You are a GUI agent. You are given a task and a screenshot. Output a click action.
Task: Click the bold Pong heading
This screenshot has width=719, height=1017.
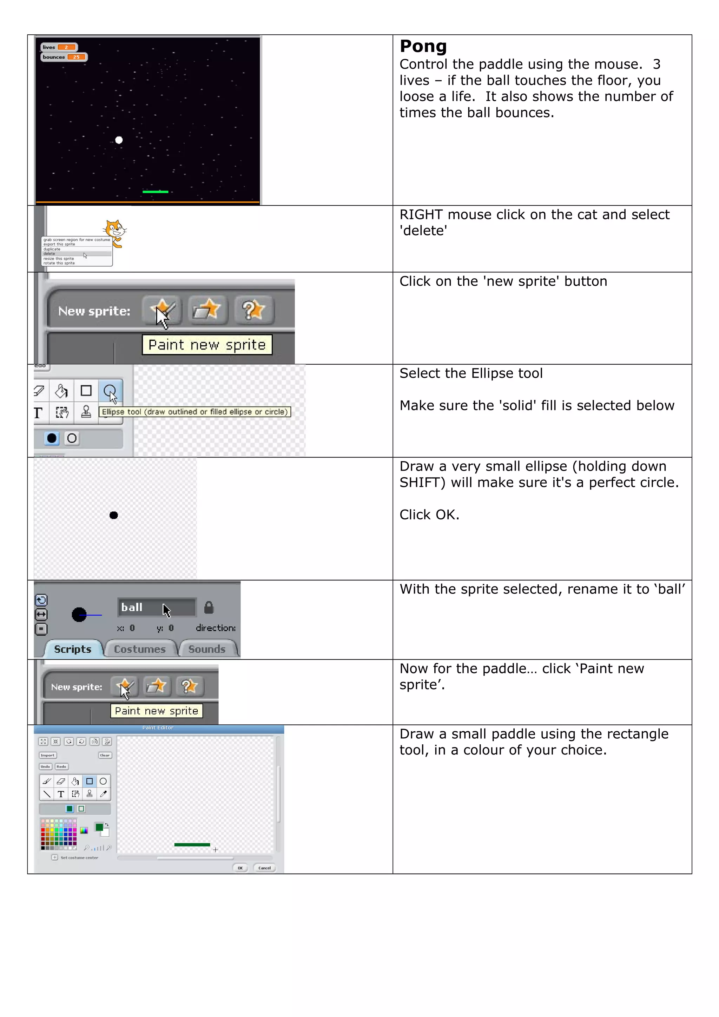pos(423,46)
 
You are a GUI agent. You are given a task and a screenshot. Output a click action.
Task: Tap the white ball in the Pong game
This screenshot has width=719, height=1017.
pos(119,140)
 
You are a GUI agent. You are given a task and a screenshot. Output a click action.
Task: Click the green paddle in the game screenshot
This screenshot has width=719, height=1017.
pos(155,192)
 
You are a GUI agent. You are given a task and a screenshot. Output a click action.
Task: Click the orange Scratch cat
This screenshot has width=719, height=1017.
pos(115,231)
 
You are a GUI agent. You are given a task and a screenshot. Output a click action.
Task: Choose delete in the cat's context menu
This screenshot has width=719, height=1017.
pos(50,254)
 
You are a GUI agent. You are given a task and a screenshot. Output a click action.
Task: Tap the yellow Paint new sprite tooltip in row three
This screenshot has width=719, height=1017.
pos(207,345)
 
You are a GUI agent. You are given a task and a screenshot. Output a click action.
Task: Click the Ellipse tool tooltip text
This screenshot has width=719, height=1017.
pos(194,412)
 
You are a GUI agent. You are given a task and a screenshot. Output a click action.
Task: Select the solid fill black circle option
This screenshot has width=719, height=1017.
pos(52,438)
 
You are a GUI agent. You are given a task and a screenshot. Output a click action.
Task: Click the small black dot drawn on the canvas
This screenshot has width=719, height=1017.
pos(114,515)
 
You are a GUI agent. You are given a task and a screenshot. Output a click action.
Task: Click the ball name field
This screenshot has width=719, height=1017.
pos(156,607)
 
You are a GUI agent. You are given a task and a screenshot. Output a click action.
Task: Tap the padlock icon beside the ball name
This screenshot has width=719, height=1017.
pos(209,607)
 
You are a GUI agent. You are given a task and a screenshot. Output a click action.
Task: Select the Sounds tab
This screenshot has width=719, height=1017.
pos(207,649)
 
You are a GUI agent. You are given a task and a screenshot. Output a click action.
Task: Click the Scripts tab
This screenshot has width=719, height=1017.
pos(73,649)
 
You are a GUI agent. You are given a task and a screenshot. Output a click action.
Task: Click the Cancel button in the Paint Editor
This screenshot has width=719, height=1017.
pos(264,868)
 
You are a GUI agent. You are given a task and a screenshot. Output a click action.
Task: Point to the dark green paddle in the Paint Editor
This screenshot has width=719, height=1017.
pos(192,845)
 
